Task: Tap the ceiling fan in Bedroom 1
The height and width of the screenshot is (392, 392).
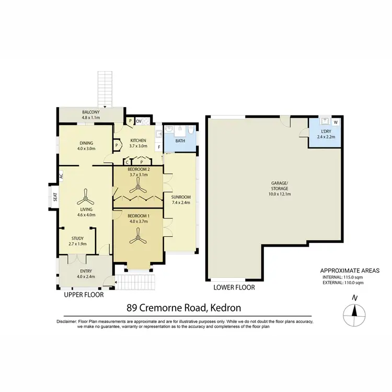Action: pos(139,238)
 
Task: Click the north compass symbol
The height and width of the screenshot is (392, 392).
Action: pos(354,313)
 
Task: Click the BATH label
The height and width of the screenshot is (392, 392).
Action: pos(180,141)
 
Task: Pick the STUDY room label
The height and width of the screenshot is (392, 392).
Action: pos(77,238)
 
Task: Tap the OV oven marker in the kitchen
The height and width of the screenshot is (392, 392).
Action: pos(139,122)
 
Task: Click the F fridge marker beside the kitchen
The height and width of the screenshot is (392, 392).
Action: pos(159,147)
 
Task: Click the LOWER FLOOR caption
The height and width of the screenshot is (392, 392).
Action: pos(234,287)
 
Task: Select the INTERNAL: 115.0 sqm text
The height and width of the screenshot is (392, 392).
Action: pos(350,277)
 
